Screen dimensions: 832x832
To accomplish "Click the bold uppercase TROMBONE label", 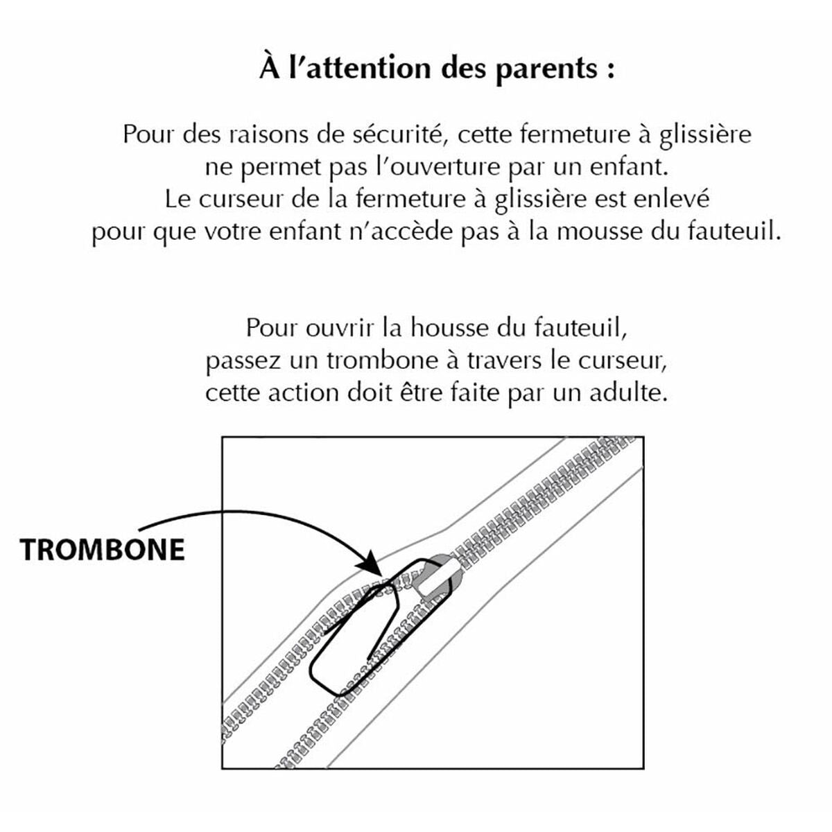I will click(103, 550).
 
